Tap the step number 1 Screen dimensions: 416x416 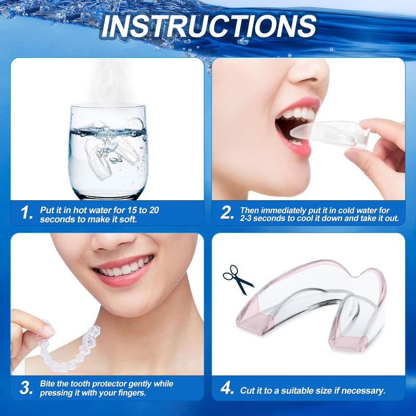pyautogui.click(x=27, y=212)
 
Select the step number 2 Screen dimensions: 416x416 pyautogui.click(x=227, y=212)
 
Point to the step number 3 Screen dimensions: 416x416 pyautogui.click(x=26, y=388)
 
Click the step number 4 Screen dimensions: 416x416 pyautogui.click(x=227, y=389)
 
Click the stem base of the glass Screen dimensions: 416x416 pyautogui.click(x=108, y=195)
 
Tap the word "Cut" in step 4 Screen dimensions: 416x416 pyautogui.click(x=248, y=390)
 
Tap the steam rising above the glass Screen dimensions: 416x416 pyautogui.click(x=112, y=83)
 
